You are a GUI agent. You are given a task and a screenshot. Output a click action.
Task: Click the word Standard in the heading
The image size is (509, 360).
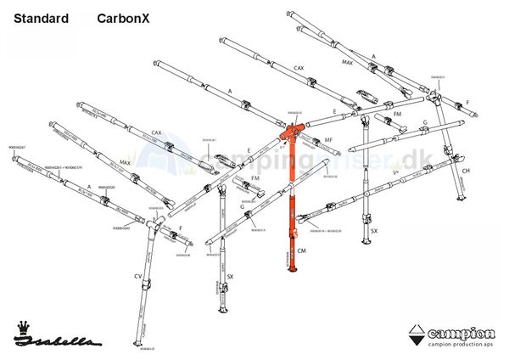(42, 17)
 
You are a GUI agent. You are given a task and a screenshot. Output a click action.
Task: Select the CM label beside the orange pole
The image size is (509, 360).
(302, 251)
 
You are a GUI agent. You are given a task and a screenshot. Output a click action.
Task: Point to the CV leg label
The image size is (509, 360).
(137, 275)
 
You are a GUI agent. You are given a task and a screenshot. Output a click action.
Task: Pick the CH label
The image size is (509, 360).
(466, 171)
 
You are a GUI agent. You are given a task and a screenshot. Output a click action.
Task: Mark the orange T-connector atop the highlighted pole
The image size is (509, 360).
(293, 132)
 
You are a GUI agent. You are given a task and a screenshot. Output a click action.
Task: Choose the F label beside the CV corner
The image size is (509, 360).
(181, 228)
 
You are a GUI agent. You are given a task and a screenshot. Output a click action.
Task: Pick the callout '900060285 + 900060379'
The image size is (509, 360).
(63, 166)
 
